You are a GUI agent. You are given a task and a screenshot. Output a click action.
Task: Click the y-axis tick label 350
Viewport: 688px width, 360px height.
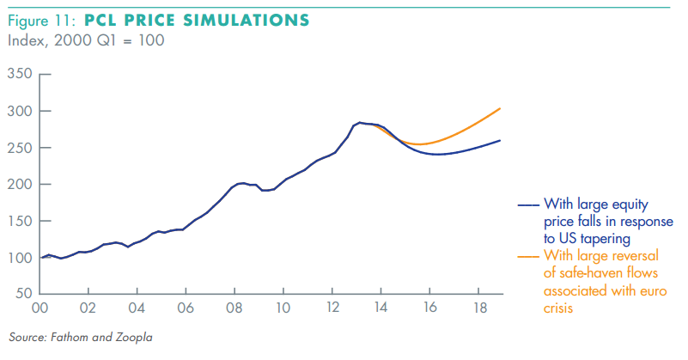click(20, 75)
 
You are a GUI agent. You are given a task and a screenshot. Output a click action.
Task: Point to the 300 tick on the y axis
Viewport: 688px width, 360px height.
click(20, 112)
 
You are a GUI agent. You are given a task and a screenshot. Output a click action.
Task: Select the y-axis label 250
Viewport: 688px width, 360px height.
click(20, 148)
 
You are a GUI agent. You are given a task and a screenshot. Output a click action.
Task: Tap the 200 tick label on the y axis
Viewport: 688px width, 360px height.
click(20, 185)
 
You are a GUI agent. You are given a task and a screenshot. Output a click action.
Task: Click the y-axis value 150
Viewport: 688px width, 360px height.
click(20, 222)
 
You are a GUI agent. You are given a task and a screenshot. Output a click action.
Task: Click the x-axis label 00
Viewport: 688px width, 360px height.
click(40, 308)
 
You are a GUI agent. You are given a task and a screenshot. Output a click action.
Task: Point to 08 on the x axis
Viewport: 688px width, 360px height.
click(234, 308)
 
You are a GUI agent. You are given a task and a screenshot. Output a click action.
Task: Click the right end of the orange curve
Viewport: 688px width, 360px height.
click(500, 108)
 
